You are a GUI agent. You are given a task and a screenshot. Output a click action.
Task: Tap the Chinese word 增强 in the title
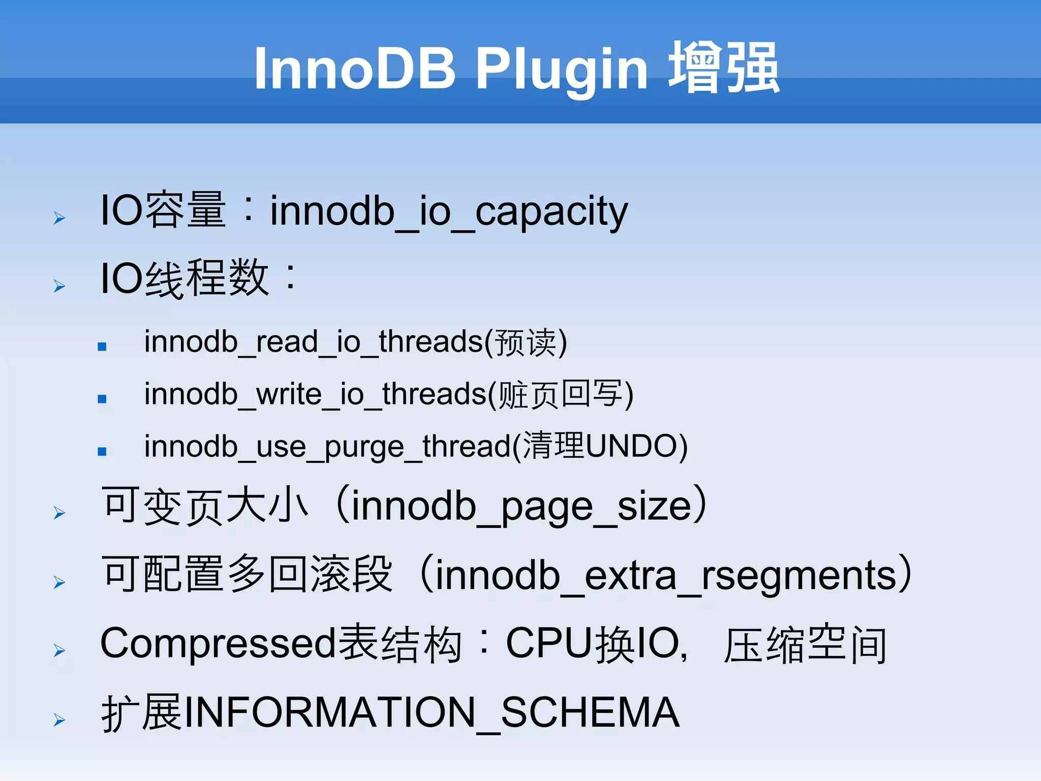point(724,68)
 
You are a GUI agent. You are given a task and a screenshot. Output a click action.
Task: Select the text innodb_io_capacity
point(448,211)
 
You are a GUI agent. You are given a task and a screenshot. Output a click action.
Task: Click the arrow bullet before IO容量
point(59,218)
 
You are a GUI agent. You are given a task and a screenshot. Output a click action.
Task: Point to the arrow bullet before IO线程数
point(59,286)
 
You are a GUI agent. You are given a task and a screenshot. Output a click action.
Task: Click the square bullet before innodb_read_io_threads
point(102,347)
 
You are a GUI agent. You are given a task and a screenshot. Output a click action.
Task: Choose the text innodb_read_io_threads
point(313,341)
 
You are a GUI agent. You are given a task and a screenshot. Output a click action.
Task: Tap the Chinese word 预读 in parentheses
point(526,342)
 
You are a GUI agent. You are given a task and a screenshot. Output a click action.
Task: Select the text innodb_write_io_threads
point(315,394)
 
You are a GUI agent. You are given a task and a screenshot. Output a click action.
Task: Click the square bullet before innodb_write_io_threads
point(102,399)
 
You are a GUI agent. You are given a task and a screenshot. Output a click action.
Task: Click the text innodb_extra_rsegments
point(666,576)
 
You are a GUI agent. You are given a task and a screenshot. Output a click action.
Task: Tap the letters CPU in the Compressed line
point(549,644)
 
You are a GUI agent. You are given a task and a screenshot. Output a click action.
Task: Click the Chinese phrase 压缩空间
point(805,645)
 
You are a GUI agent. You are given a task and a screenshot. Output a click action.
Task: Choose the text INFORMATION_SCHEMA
point(431,712)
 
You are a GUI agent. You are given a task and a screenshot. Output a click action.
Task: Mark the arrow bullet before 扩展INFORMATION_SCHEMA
point(59,720)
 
